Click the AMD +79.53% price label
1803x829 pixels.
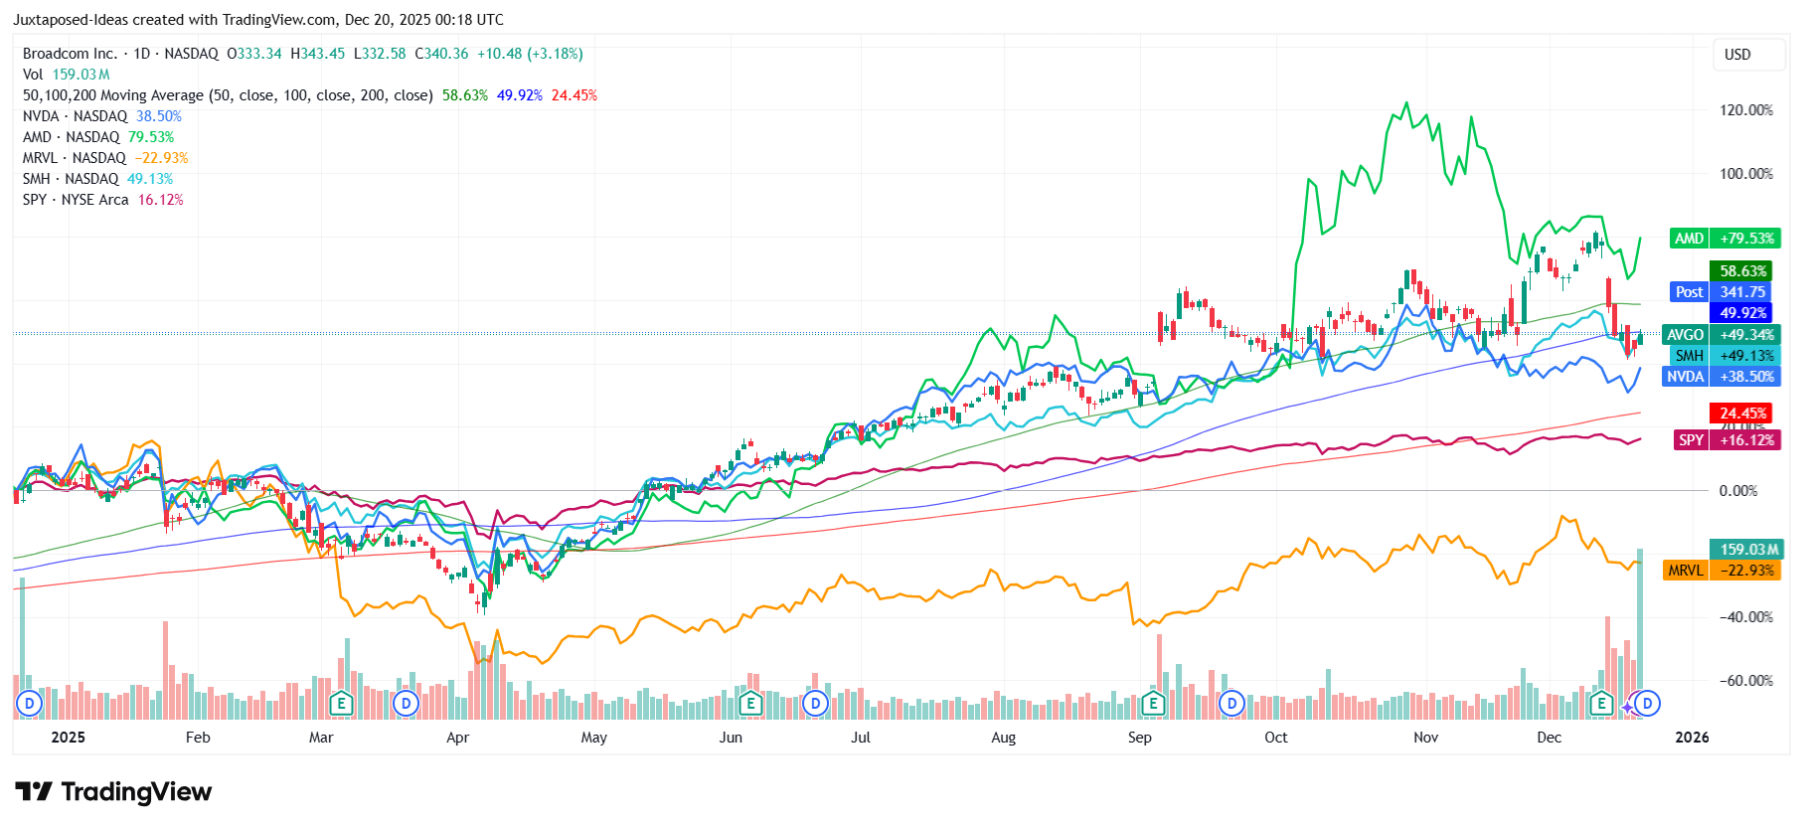pos(1725,239)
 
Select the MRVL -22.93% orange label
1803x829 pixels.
pos(1723,571)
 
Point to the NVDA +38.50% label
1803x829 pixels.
pos(1724,377)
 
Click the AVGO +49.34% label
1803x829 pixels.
pos(1724,335)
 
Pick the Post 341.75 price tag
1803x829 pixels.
pos(1725,292)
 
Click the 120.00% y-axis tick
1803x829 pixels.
pos(1745,110)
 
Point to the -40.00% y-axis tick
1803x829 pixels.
pos(1745,617)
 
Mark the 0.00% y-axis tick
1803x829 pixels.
pos(1738,491)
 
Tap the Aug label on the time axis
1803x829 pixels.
pos(1003,738)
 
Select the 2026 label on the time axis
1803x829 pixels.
pos(1692,738)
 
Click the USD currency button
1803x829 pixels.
pos(1737,55)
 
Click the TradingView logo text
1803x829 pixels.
pos(114,792)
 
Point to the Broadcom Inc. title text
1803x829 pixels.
pos(70,54)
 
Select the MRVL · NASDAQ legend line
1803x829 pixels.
pos(75,158)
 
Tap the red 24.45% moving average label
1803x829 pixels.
pos(1743,414)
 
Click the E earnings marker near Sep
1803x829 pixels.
pos(1153,704)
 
